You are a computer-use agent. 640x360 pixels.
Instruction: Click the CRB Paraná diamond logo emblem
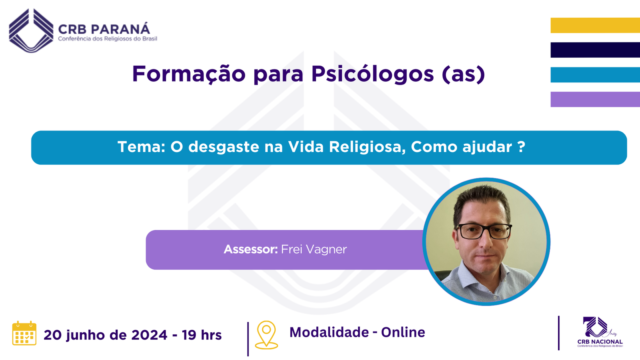pos(31,30)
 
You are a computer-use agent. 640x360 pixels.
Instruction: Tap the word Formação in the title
pos(188,74)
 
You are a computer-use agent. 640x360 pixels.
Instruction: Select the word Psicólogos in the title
pos(372,74)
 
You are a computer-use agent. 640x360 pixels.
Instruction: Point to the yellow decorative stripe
pos(595,25)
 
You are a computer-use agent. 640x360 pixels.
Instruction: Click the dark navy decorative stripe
pos(595,50)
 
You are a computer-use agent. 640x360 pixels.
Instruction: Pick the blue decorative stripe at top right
pos(595,75)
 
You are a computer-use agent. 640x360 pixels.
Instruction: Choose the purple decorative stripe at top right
pos(595,100)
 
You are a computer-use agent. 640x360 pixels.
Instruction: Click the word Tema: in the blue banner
pos(142,147)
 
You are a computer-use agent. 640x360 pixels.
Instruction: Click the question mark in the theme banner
pos(522,147)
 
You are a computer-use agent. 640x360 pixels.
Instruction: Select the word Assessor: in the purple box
pos(250,250)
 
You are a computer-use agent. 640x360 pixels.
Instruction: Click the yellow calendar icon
pos(24,333)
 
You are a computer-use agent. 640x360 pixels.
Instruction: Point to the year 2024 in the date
pos(149,335)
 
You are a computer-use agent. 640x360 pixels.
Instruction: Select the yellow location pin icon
pos(266,335)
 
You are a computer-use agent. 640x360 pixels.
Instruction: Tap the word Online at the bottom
pos(403,332)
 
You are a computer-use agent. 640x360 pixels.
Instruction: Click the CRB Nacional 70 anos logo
pos(600,332)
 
